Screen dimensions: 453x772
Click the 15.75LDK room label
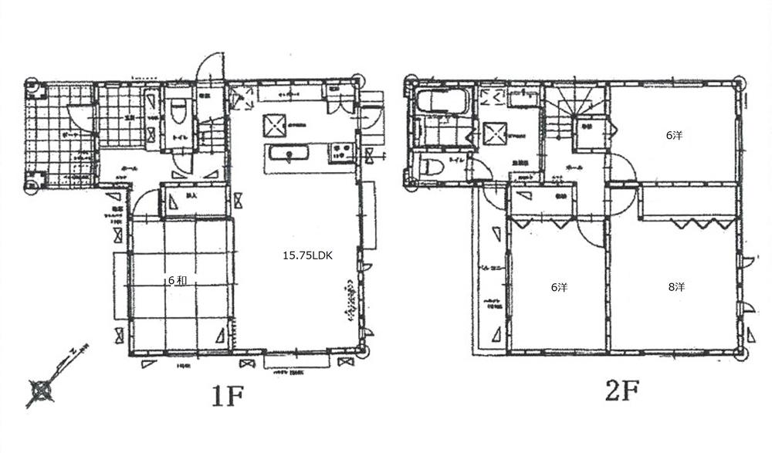(306, 255)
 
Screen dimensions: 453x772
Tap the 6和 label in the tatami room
(177, 281)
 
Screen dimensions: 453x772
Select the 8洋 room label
(675, 286)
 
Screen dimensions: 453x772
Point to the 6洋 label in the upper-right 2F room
(674, 135)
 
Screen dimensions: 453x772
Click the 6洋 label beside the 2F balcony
(559, 287)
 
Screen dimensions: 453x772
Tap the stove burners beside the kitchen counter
(341, 151)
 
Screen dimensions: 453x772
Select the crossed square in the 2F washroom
(494, 134)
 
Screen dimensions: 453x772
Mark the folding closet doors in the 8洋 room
(698, 224)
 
